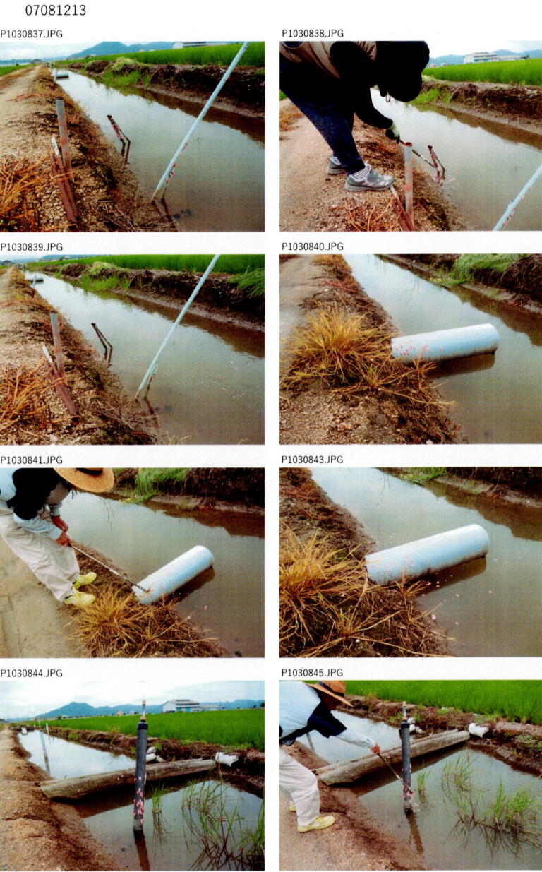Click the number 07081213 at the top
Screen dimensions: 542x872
point(55,11)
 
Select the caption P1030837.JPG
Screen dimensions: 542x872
point(31,34)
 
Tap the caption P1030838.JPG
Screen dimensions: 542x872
point(313,33)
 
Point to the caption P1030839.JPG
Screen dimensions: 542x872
point(31,247)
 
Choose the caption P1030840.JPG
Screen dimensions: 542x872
point(313,246)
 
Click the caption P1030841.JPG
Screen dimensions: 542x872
point(31,460)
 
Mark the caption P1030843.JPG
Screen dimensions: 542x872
point(313,460)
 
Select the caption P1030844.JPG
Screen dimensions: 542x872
point(31,673)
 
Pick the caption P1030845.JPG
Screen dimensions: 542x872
point(313,673)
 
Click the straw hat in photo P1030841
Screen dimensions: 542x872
point(85,479)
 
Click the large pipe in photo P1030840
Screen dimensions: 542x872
point(445,343)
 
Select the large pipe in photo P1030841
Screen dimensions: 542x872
point(174,574)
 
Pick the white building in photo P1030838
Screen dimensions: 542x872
point(481,57)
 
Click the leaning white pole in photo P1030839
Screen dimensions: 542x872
point(177,327)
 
